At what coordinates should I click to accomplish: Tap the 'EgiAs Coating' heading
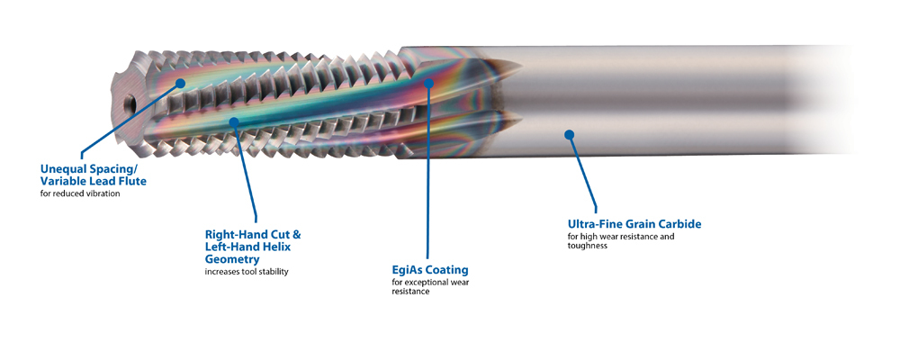point(430,269)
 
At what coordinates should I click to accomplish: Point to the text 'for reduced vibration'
point(80,193)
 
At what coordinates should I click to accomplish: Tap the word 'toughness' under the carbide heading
point(588,246)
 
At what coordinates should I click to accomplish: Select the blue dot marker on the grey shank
point(569,135)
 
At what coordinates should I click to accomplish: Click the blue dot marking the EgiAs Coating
point(429,83)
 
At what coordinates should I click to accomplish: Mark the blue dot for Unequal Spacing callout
point(181,83)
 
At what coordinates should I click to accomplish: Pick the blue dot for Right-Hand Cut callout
point(234,121)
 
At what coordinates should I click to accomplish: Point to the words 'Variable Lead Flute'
point(94,181)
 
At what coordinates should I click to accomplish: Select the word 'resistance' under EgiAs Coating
point(410,292)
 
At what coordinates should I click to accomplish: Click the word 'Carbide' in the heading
point(676,223)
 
